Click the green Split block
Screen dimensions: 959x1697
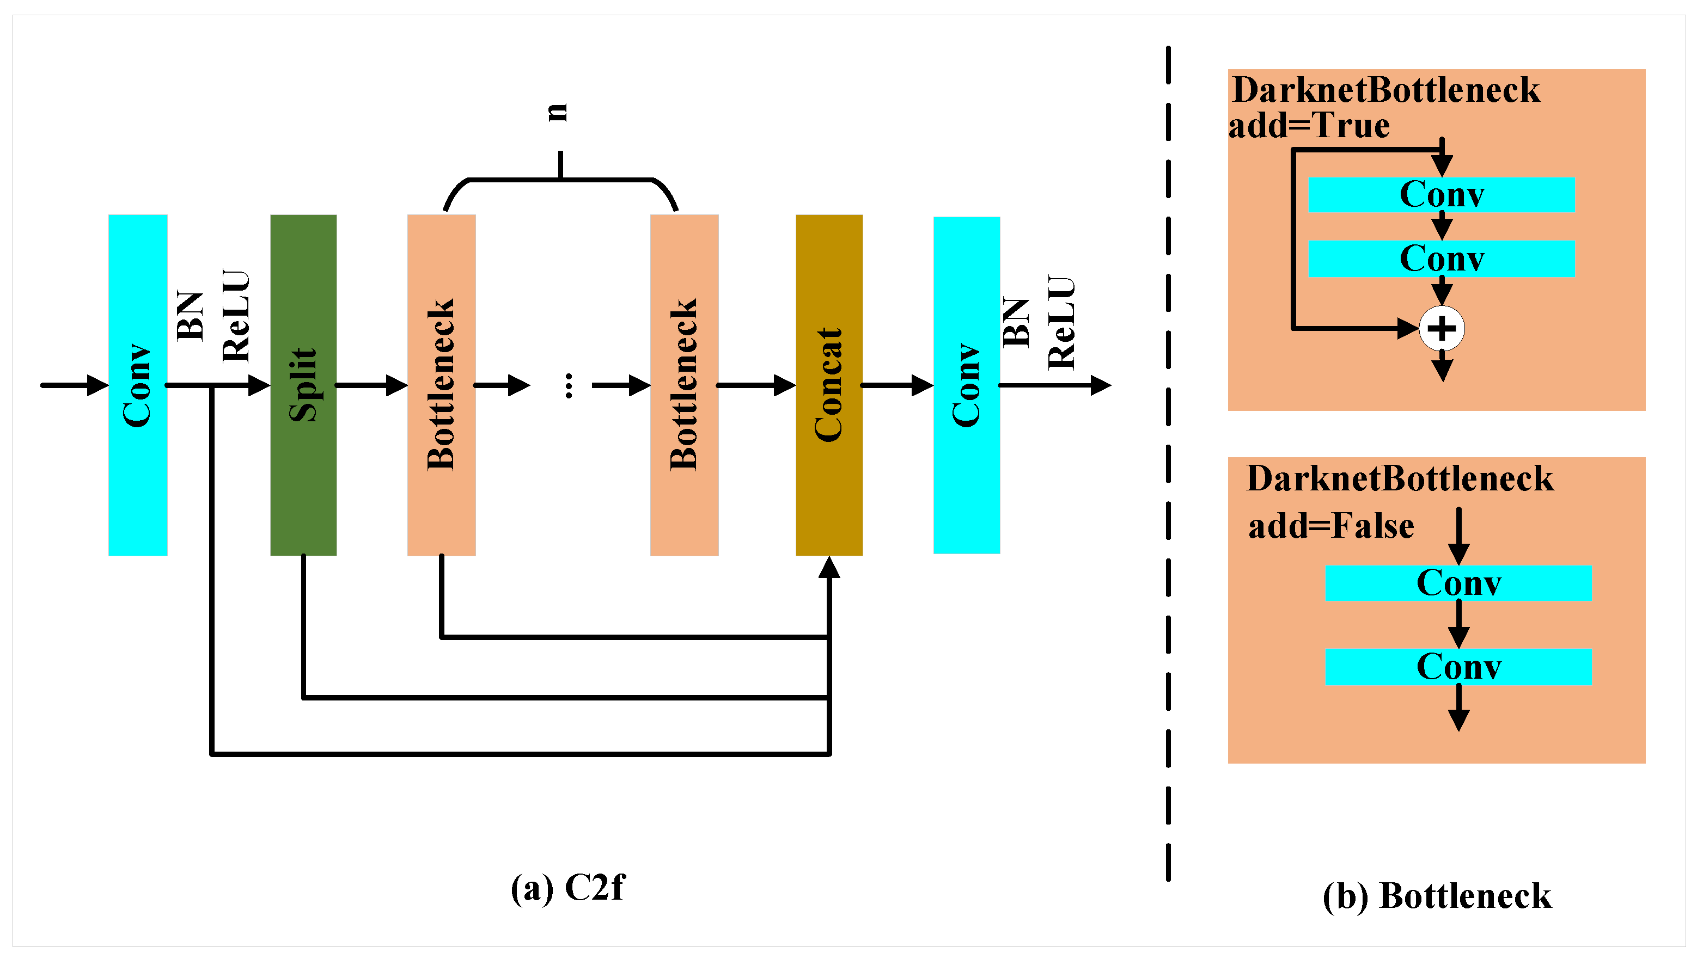tap(303, 385)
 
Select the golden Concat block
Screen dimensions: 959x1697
tap(828, 385)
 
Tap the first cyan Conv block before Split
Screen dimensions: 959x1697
tap(137, 385)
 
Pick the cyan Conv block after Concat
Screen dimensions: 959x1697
tap(966, 385)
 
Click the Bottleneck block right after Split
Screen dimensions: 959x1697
tap(441, 385)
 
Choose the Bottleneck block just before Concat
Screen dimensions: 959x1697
tap(683, 385)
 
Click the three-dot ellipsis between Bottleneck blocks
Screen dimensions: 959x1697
tap(568, 385)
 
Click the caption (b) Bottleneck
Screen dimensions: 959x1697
tap(1437, 896)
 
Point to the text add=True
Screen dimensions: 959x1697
tap(1309, 125)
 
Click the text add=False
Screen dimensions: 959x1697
tap(1330, 526)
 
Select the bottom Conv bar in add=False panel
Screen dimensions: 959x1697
tap(1458, 667)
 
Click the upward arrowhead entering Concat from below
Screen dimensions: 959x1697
tap(828, 568)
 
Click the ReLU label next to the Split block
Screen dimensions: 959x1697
tap(235, 316)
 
